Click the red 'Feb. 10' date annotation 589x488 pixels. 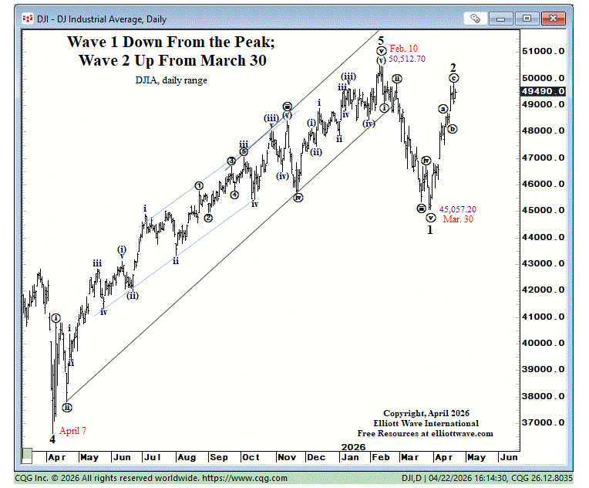click(x=404, y=48)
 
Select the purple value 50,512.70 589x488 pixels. click(x=407, y=59)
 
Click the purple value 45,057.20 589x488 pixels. click(x=458, y=209)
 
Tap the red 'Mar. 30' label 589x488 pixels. click(x=457, y=219)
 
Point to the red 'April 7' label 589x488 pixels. click(x=73, y=431)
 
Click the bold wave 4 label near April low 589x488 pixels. click(x=52, y=439)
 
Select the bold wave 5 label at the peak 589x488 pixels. click(x=381, y=39)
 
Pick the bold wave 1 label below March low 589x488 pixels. click(x=430, y=229)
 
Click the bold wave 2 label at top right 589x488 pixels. click(x=453, y=67)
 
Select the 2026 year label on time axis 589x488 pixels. click(x=353, y=447)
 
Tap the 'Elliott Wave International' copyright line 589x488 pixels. click(x=427, y=423)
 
